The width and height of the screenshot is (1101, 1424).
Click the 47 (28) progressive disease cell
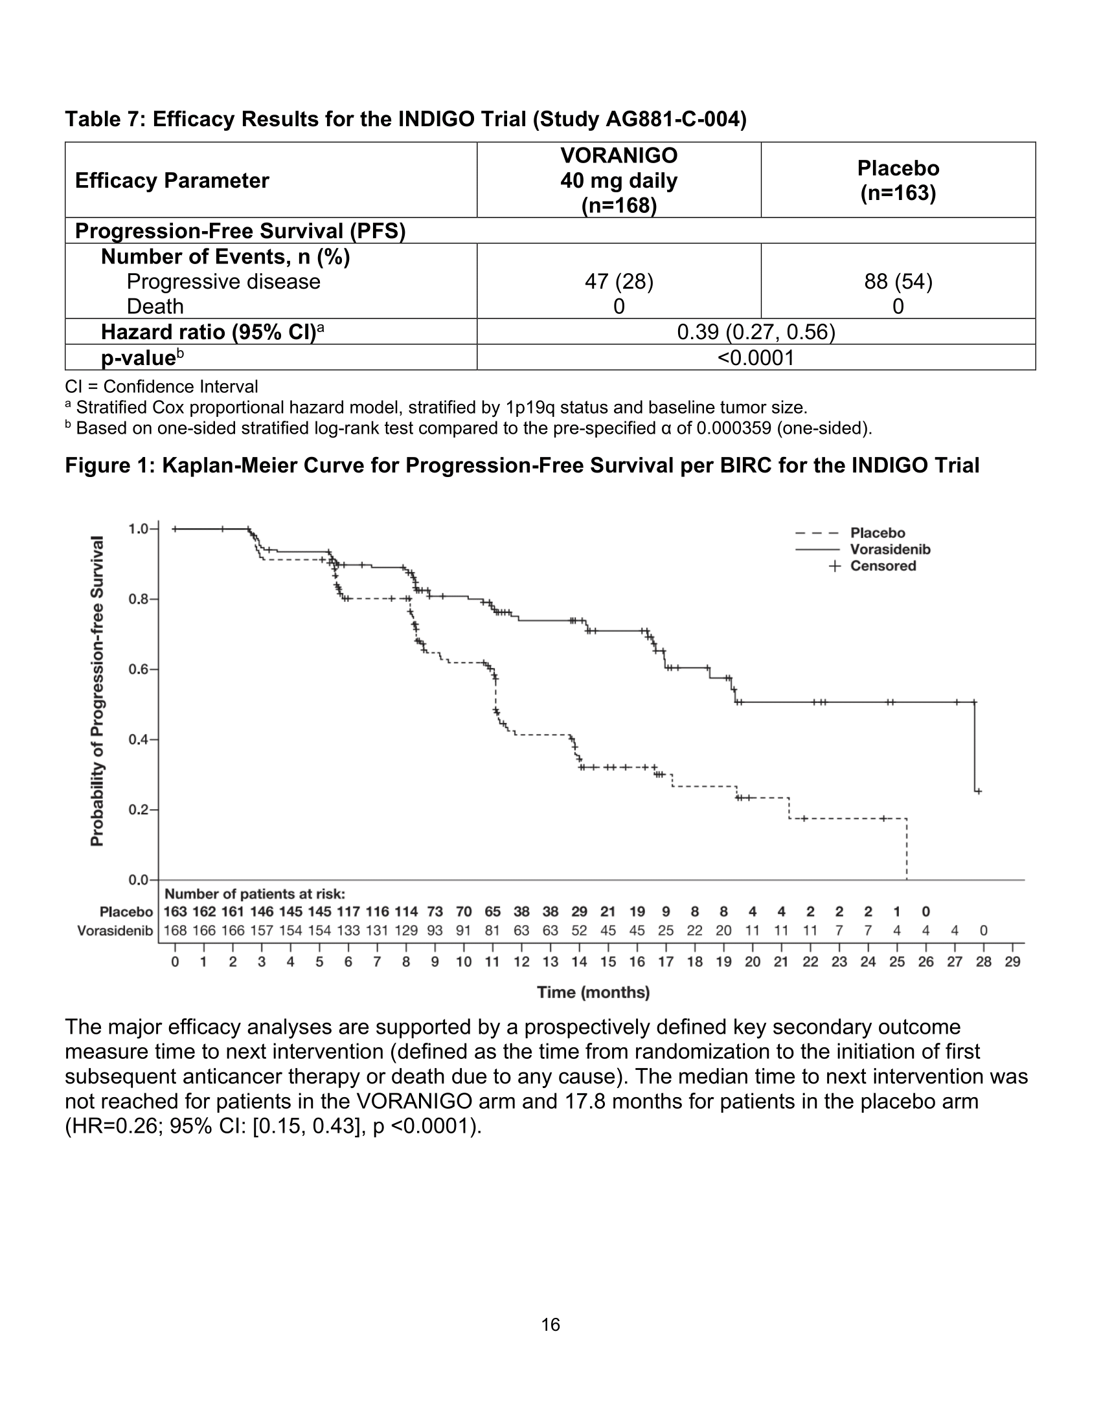[x=619, y=282]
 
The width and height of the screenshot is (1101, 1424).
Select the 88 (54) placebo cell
[x=898, y=282]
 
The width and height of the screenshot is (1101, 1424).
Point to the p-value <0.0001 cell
[x=755, y=358]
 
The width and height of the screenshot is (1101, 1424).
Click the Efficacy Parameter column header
[x=172, y=181]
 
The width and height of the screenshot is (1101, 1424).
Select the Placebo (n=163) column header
[x=898, y=181]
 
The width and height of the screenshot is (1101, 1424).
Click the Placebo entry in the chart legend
[x=877, y=533]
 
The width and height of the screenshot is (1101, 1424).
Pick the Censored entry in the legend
[x=882, y=566]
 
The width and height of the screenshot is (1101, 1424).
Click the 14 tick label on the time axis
[x=579, y=962]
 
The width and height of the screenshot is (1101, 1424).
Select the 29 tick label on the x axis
[x=1012, y=962]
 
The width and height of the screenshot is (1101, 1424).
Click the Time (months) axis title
[x=593, y=992]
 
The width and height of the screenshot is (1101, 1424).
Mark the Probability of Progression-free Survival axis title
[x=97, y=691]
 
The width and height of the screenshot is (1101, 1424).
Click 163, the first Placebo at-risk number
[x=176, y=911]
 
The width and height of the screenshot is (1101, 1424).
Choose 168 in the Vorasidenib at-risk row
[x=176, y=930]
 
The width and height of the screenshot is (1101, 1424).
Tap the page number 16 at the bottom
[x=550, y=1324]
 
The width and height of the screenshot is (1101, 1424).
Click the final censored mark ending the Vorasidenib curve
[x=979, y=792]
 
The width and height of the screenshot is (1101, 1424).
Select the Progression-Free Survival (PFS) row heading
[x=240, y=231]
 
